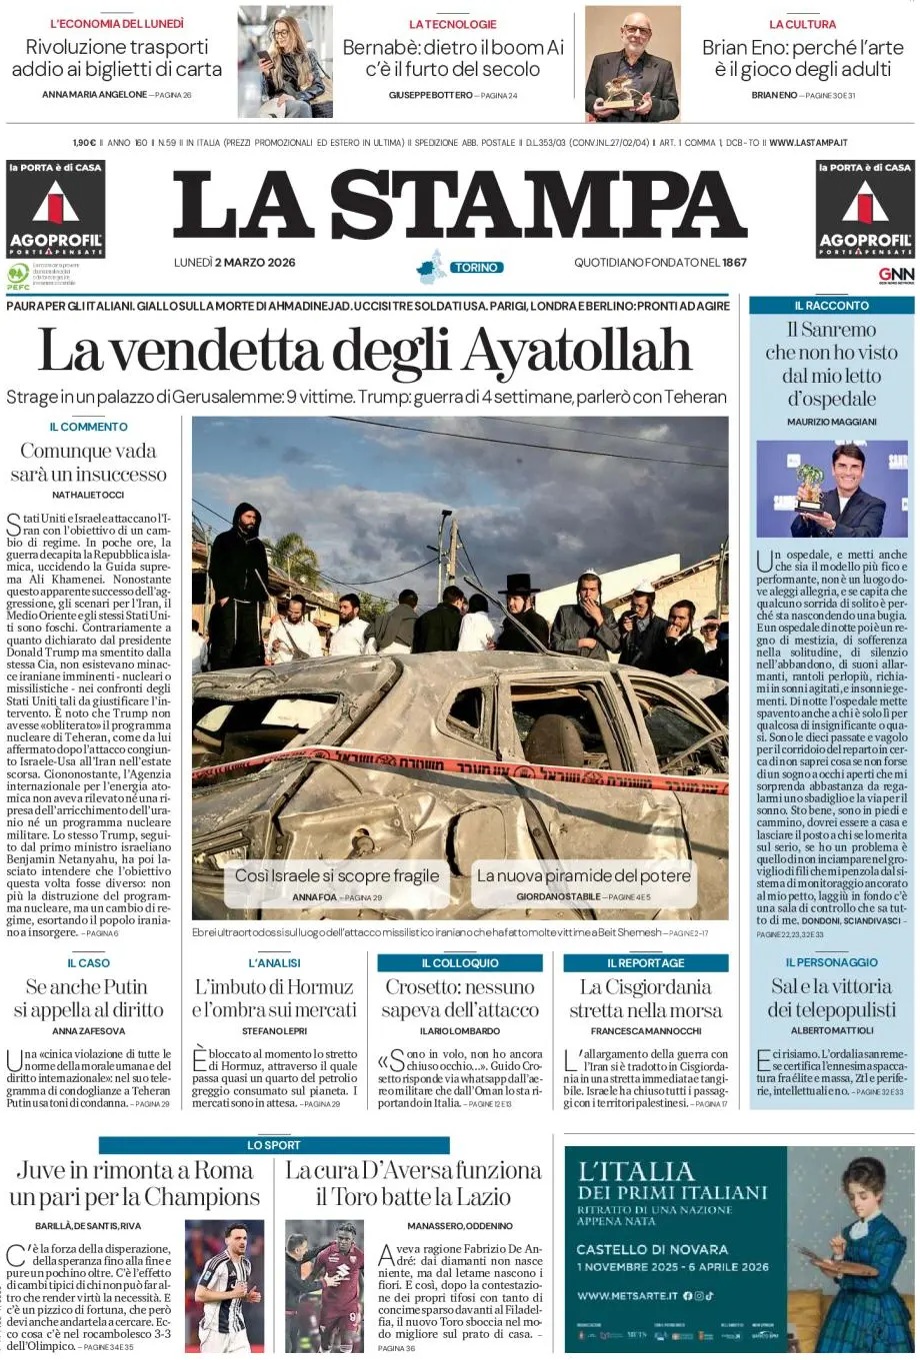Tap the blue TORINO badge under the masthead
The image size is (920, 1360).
pos(475,268)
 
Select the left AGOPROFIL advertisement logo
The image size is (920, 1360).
pos(55,210)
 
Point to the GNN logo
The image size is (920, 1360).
pos(896,275)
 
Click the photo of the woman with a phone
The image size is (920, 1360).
pos(285,62)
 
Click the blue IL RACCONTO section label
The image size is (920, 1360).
pos(831,306)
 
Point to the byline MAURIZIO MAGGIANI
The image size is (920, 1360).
pos(831,422)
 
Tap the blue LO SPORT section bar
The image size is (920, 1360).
pos(273,1145)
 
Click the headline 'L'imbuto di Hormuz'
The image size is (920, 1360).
pos(273,997)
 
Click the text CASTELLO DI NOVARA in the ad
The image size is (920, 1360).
pos(652,1249)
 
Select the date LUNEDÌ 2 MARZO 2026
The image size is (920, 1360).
pos(234,263)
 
